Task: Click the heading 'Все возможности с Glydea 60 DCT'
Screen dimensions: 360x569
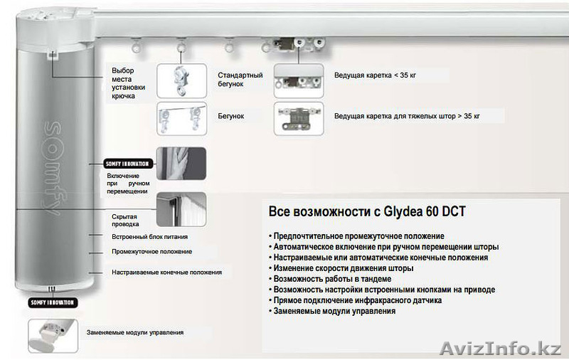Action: (x=367, y=212)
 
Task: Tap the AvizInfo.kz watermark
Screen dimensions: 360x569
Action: (x=502, y=348)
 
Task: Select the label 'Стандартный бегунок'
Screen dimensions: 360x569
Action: (x=240, y=80)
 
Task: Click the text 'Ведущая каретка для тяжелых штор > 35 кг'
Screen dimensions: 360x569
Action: (x=407, y=115)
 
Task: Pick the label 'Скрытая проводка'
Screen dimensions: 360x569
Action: (x=124, y=220)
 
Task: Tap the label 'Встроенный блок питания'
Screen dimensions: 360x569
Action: (x=149, y=236)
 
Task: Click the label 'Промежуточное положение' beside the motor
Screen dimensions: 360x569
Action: (x=151, y=251)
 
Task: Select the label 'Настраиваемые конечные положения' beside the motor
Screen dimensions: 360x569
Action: (x=166, y=272)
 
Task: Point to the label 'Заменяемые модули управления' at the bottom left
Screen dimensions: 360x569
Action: (x=135, y=332)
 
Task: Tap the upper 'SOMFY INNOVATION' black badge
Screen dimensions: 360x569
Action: (x=126, y=163)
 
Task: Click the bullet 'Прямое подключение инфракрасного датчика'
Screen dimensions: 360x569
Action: (x=356, y=300)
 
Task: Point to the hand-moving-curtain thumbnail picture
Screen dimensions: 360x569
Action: (x=181, y=163)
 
